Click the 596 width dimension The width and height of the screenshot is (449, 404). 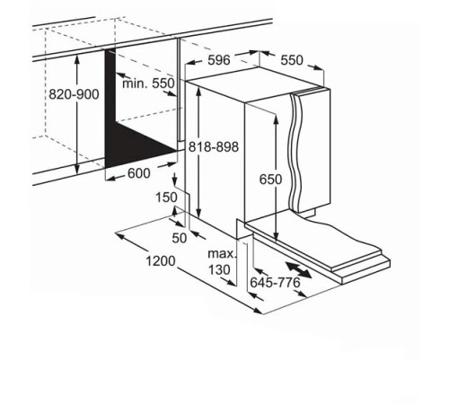(x=219, y=60)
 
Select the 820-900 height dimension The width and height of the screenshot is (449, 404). (x=74, y=94)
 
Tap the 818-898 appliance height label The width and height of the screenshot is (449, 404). (x=214, y=147)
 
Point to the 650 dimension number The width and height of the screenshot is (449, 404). (x=270, y=180)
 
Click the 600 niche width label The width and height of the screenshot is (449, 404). (x=139, y=173)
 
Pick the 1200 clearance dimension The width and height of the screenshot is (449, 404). (x=161, y=260)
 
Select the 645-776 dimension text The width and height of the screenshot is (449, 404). (x=275, y=282)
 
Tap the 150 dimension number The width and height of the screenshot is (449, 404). (x=166, y=198)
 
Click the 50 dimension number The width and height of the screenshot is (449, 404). (x=180, y=238)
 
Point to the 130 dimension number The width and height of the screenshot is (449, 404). (x=219, y=269)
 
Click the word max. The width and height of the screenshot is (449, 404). (x=222, y=254)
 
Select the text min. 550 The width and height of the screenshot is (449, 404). (x=148, y=83)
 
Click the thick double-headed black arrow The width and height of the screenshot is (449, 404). (x=298, y=269)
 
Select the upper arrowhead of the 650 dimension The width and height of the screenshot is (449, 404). (x=277, y=119)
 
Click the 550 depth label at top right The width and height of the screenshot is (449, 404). (x=292, y=60)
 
